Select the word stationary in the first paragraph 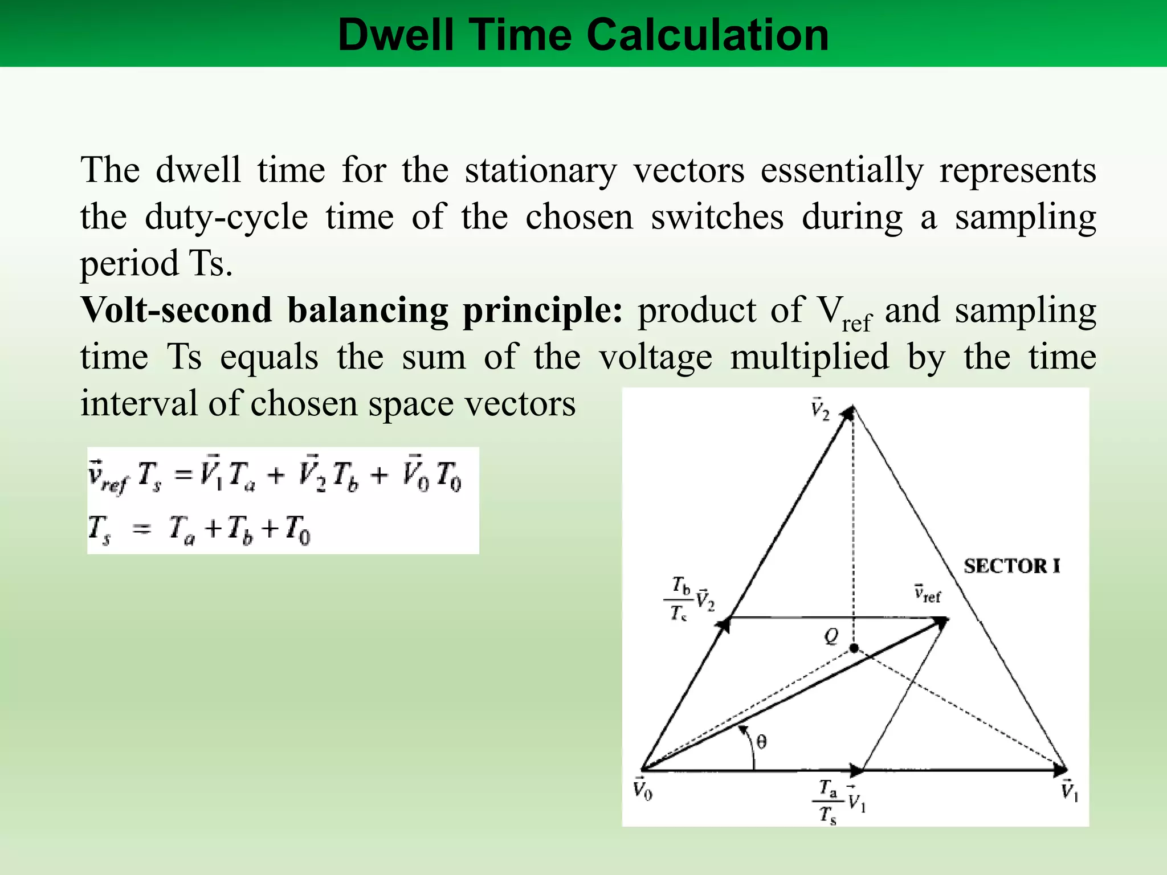541,171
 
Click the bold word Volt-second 176,311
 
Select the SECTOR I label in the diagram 1012,566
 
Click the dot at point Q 854,648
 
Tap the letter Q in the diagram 832,636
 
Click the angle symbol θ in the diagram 762,742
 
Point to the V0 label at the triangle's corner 643,791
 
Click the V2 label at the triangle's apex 821,410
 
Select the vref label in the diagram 928,594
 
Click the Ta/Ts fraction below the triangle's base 828,803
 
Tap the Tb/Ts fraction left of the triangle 680,599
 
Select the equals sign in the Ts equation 141,530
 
